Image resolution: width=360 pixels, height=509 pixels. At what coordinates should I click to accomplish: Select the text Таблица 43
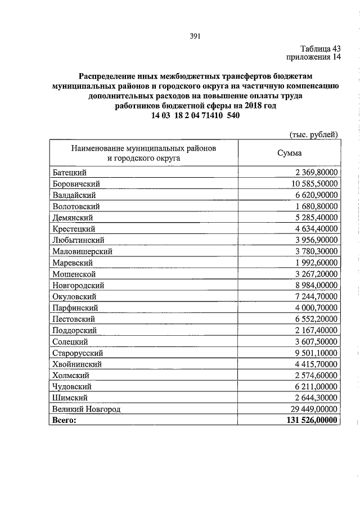point(317,48)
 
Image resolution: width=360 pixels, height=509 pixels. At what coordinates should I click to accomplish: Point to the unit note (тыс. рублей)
point(313,134)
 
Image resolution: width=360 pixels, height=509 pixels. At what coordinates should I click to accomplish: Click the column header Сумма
point(289,153)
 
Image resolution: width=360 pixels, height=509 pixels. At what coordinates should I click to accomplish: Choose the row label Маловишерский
point(82,251)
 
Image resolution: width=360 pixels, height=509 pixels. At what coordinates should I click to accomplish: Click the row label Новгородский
point(78,285)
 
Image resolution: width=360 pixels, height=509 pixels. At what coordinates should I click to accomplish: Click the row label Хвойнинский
point(76,364)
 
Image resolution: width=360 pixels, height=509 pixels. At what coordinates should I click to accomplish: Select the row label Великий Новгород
point(86,409)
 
